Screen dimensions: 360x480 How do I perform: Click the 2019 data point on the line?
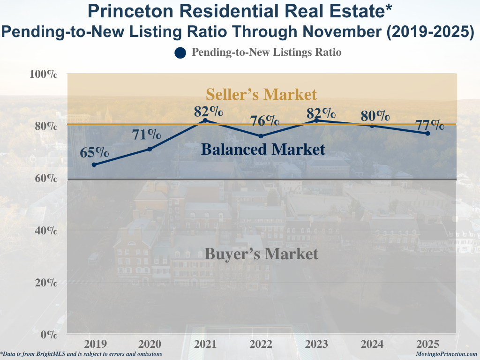[x=94, y=165]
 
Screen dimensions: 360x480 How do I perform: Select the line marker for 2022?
[x=261, y=136]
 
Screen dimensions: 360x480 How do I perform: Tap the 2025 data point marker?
[x=427, y=133]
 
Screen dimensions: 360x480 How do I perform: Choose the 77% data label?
[x=430, y=125]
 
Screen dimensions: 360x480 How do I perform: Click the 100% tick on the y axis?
[x=44, y=75]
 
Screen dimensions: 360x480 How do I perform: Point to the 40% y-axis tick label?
[x=45, y=231]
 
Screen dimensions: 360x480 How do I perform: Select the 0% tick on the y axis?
[x=49, y=335]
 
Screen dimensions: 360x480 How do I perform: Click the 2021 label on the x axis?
[x=205, y=345]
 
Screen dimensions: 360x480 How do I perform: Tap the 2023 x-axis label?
[x=316, y=345]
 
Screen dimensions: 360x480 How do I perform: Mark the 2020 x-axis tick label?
[x=150, y=345]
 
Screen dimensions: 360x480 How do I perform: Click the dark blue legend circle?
[x=180, y=53]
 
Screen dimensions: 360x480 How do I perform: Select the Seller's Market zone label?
[x=262, y=94]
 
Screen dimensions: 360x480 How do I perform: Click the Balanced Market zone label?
[x=263, y=150]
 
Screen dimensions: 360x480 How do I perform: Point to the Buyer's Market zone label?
[x=262, y=254]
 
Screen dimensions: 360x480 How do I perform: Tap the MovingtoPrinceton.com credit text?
[x=446, y=354]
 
